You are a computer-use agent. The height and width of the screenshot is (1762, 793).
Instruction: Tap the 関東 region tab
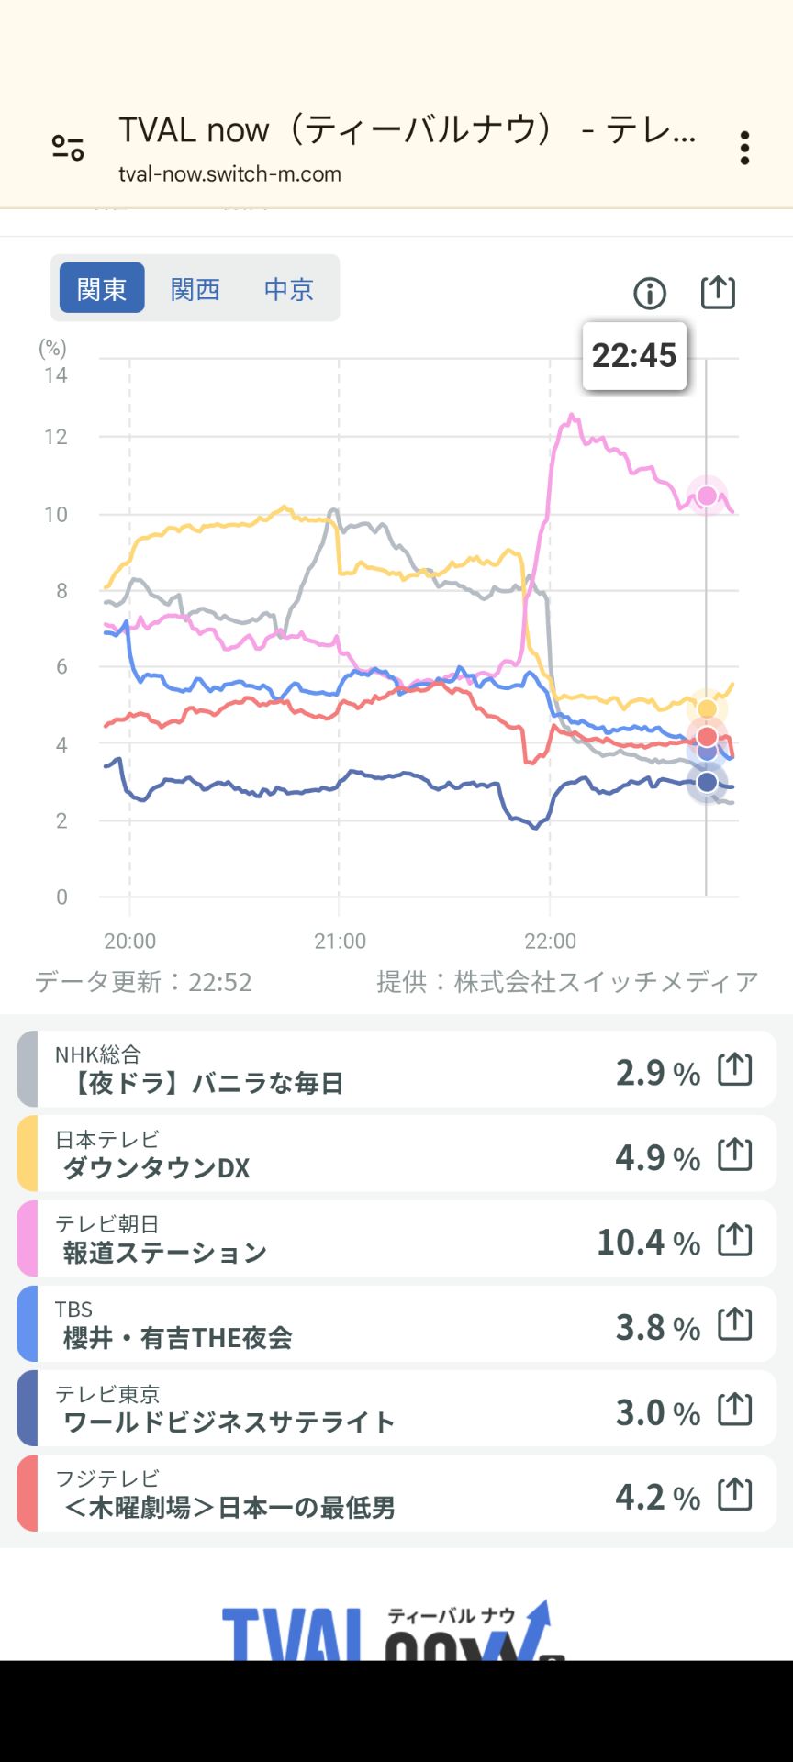pos(102,289)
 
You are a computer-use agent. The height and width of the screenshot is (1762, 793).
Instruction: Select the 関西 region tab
pos(195,289)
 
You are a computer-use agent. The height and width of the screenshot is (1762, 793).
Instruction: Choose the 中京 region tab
pos(289,289)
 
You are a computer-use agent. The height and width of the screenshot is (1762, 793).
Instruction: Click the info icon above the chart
pos(650,294)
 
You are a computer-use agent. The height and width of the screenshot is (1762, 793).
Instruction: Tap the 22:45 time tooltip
pos(634,356)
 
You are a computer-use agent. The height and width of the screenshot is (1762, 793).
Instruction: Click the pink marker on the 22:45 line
pos(707,496)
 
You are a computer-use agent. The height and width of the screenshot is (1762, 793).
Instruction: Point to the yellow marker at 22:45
pos(707,708)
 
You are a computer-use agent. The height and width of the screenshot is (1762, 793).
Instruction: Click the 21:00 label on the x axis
pos(340,941)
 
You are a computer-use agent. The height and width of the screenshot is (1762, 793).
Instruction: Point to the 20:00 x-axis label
pos(130,941)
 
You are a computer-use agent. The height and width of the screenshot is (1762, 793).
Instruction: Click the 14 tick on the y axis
pos(56,374)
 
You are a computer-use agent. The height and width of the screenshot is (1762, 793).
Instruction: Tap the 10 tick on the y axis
pos(56,514)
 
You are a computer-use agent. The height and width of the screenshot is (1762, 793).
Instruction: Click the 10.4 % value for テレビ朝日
pos(648,1243)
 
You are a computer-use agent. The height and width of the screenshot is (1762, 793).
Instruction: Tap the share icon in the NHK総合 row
pos(735,1069)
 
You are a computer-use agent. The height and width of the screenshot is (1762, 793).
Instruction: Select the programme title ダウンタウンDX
pos(156,1167)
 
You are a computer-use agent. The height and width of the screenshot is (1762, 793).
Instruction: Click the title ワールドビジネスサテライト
pos(229,1422)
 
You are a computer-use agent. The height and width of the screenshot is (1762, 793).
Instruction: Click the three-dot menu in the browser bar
pos(744,148)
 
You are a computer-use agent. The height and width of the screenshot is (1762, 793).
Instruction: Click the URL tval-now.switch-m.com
pos(229,174)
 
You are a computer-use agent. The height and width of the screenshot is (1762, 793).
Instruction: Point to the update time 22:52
pos(220,982)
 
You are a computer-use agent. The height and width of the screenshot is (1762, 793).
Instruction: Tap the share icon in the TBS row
pos(735,1324)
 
